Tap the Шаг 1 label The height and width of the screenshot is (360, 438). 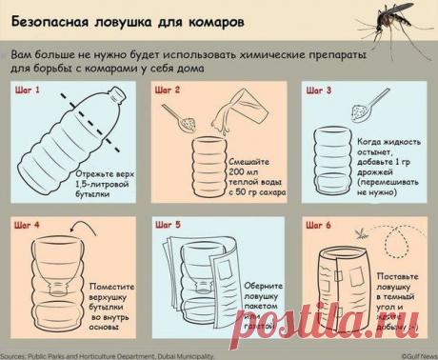coord(28,90)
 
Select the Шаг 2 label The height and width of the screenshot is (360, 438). coord(169,90)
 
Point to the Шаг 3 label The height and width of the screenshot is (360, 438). coord(318,90)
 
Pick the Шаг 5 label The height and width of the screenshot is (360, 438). coord(169,225)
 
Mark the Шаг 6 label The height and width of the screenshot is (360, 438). coord(318,225)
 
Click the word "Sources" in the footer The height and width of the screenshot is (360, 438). coord(13,353)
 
